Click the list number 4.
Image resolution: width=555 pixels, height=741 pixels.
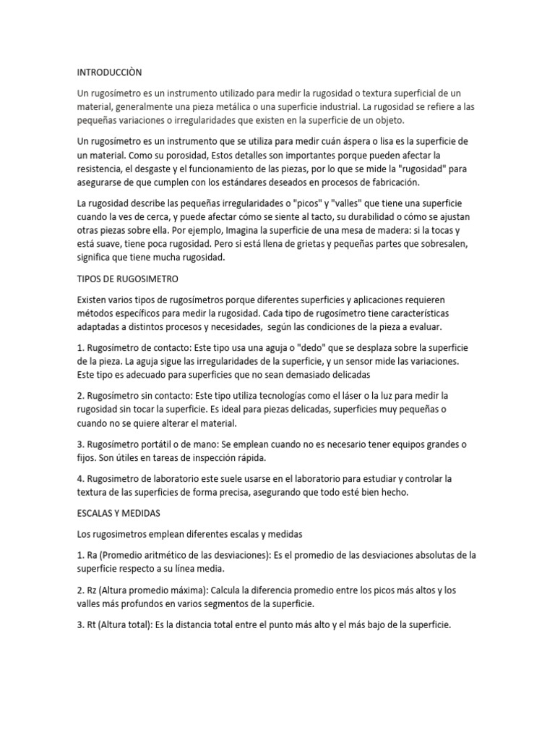[79, 479]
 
